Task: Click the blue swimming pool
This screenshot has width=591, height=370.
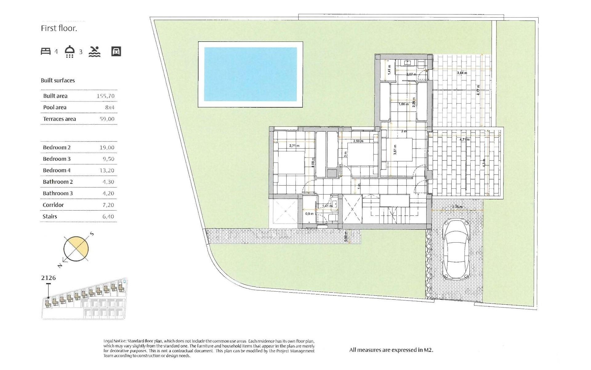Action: coord(250,74)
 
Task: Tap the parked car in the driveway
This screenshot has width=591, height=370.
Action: coord(456,249)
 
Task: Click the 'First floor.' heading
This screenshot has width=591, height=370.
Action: coord(59,28)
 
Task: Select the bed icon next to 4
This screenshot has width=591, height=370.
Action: coord(46,51)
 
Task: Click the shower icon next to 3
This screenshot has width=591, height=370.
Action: coord(70,51)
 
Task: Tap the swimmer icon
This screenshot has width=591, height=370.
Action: coord(94,51)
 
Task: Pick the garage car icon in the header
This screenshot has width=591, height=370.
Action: coord(116,51)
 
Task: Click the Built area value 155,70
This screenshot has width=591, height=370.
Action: coord(106,96)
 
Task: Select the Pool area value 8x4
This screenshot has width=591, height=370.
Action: coord(110,108)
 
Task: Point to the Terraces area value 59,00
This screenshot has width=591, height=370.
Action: coord(107,119)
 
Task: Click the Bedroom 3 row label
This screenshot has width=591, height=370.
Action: coord(57,159)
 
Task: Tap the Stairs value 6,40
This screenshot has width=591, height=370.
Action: coord(108,216)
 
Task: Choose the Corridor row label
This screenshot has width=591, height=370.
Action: coord(53,205)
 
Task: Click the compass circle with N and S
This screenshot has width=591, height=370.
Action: coord(76,249)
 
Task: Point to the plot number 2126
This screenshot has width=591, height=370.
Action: coord(49,278)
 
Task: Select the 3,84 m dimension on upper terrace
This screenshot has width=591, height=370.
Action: coord(462,73)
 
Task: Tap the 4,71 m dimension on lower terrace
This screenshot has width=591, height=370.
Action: coord(464,140)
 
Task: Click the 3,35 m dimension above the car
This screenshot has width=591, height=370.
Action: coord(457,207)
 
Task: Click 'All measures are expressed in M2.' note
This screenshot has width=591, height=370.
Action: coord(391,350)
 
